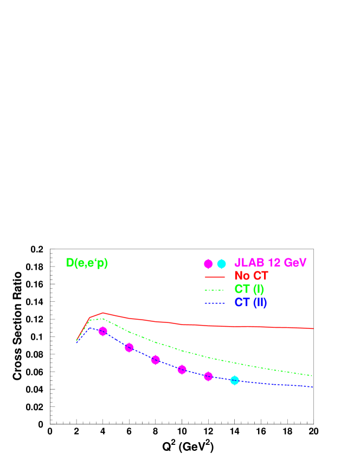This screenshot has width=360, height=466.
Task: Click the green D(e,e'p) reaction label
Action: click(87, 263)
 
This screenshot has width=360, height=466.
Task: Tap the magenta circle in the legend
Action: click(208, 264)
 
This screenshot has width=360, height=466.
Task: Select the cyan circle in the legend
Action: click(221, 264)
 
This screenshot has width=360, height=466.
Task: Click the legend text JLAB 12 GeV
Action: click(271, 263)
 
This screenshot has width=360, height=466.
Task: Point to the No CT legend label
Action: click(251, 276)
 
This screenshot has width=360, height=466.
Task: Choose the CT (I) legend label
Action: click(249, 289)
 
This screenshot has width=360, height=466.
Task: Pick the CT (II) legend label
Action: click(250, 302)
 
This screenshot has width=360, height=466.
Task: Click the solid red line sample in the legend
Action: click(214, 277)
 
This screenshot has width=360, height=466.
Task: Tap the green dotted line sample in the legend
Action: click(214, 290)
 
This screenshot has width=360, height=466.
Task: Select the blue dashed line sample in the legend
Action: click(214, 303)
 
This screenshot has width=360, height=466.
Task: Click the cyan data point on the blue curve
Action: click(235, 380)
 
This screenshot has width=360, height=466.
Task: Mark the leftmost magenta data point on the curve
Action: click(103, 331)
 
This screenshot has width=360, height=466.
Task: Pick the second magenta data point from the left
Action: click(129, 347)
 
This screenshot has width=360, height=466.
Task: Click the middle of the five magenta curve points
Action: click(156, 360)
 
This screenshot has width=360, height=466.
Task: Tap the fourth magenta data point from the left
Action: click(182, 370)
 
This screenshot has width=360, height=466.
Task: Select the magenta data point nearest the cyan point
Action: click(208, 377)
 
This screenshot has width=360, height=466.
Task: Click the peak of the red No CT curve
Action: click(103, 313)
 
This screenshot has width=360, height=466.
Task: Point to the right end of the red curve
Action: click(313, 328)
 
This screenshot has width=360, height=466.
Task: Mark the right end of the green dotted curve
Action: click(313, 376)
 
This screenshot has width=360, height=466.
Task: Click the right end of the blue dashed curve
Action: click(313, 386)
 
